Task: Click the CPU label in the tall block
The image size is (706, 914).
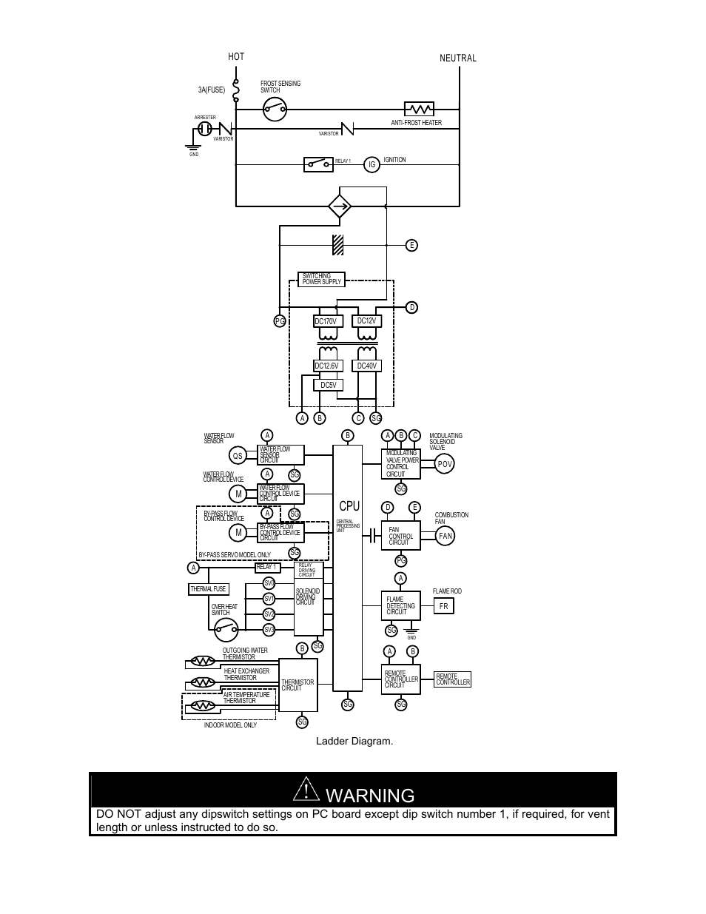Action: (x=349, y=506)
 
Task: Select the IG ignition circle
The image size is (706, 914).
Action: (x=372, y=164)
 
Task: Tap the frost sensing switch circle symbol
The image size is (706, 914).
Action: (x=275, y=110)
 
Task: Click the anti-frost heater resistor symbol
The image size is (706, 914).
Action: (x=419, y=109)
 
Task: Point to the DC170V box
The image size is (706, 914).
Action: (x=326, y=321)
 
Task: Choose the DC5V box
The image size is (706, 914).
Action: (x=328, y=385)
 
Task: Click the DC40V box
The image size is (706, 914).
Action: (x=367, y=366)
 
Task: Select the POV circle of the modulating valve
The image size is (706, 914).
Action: (x=444, y=464)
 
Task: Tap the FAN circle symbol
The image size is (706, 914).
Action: (x=445, y=536)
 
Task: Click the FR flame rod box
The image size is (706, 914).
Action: (x=443, y=606)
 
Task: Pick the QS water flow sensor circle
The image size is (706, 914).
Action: (x=238, y=456)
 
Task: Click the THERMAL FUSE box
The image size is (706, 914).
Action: (x=209, y=589)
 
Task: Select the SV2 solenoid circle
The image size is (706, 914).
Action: (x=269, y=614)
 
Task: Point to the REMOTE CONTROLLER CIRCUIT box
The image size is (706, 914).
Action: (x=400, y=679)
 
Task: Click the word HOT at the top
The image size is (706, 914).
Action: (x=236, y=57)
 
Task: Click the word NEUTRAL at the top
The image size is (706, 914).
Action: (x=458, y=58)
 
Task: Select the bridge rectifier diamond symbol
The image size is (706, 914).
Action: (x=340, y=206)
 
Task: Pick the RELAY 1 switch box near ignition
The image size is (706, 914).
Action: (x=318, y=164)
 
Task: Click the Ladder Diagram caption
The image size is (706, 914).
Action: (x=354, y=741)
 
